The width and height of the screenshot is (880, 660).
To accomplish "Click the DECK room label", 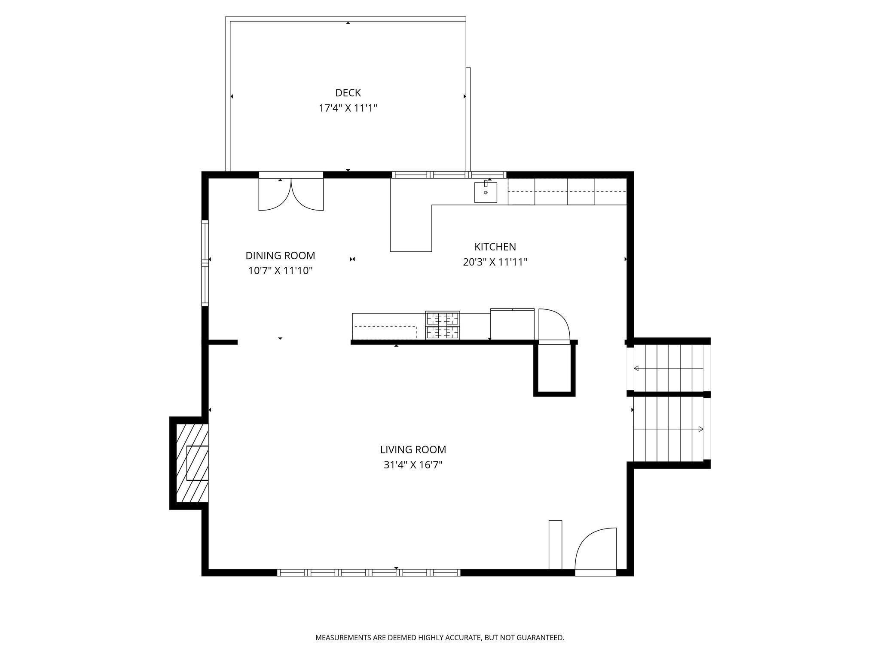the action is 348,93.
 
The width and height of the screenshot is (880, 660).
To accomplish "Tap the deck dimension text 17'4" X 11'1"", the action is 348,108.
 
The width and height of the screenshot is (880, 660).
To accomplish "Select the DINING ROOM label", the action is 280,256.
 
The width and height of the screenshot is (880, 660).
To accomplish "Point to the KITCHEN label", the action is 495,247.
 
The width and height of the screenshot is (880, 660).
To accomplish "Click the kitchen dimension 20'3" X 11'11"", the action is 495,262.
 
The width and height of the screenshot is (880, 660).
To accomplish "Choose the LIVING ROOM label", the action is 413,450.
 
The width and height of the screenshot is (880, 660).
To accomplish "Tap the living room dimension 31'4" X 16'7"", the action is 413,465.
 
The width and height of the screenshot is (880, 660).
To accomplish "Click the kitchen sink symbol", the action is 486,192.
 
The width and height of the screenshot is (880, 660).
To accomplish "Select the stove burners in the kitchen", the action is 443,325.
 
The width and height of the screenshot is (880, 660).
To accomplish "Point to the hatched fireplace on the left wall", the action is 192,463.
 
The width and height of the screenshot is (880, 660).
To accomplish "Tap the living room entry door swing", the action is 596,550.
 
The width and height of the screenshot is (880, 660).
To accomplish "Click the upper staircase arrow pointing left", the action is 669,368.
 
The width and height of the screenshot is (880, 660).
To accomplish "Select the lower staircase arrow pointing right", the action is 669,429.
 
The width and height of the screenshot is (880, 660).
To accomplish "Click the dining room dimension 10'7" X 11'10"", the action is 280,271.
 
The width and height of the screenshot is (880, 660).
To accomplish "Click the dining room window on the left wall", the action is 205,263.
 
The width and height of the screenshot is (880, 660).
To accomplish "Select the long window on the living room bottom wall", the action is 369,572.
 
